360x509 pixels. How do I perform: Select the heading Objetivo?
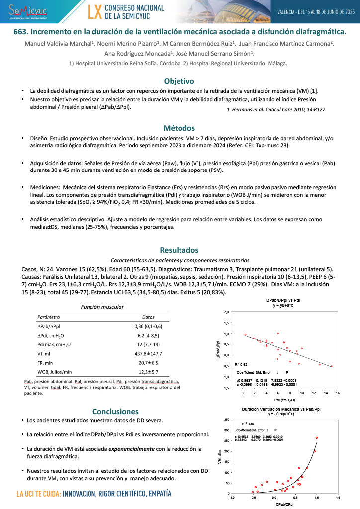click(180, 81)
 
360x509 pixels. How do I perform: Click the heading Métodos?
click(180, 128)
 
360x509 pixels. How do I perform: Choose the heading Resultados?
click(180, 250)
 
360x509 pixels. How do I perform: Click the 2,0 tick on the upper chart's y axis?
click(226, 312)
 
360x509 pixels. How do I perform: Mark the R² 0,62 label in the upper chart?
click(242, 365)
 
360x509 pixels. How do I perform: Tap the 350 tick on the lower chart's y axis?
click(226, 420)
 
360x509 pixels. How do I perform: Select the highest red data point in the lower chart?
click(317, 438)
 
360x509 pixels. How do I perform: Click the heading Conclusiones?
click(115, 411)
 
